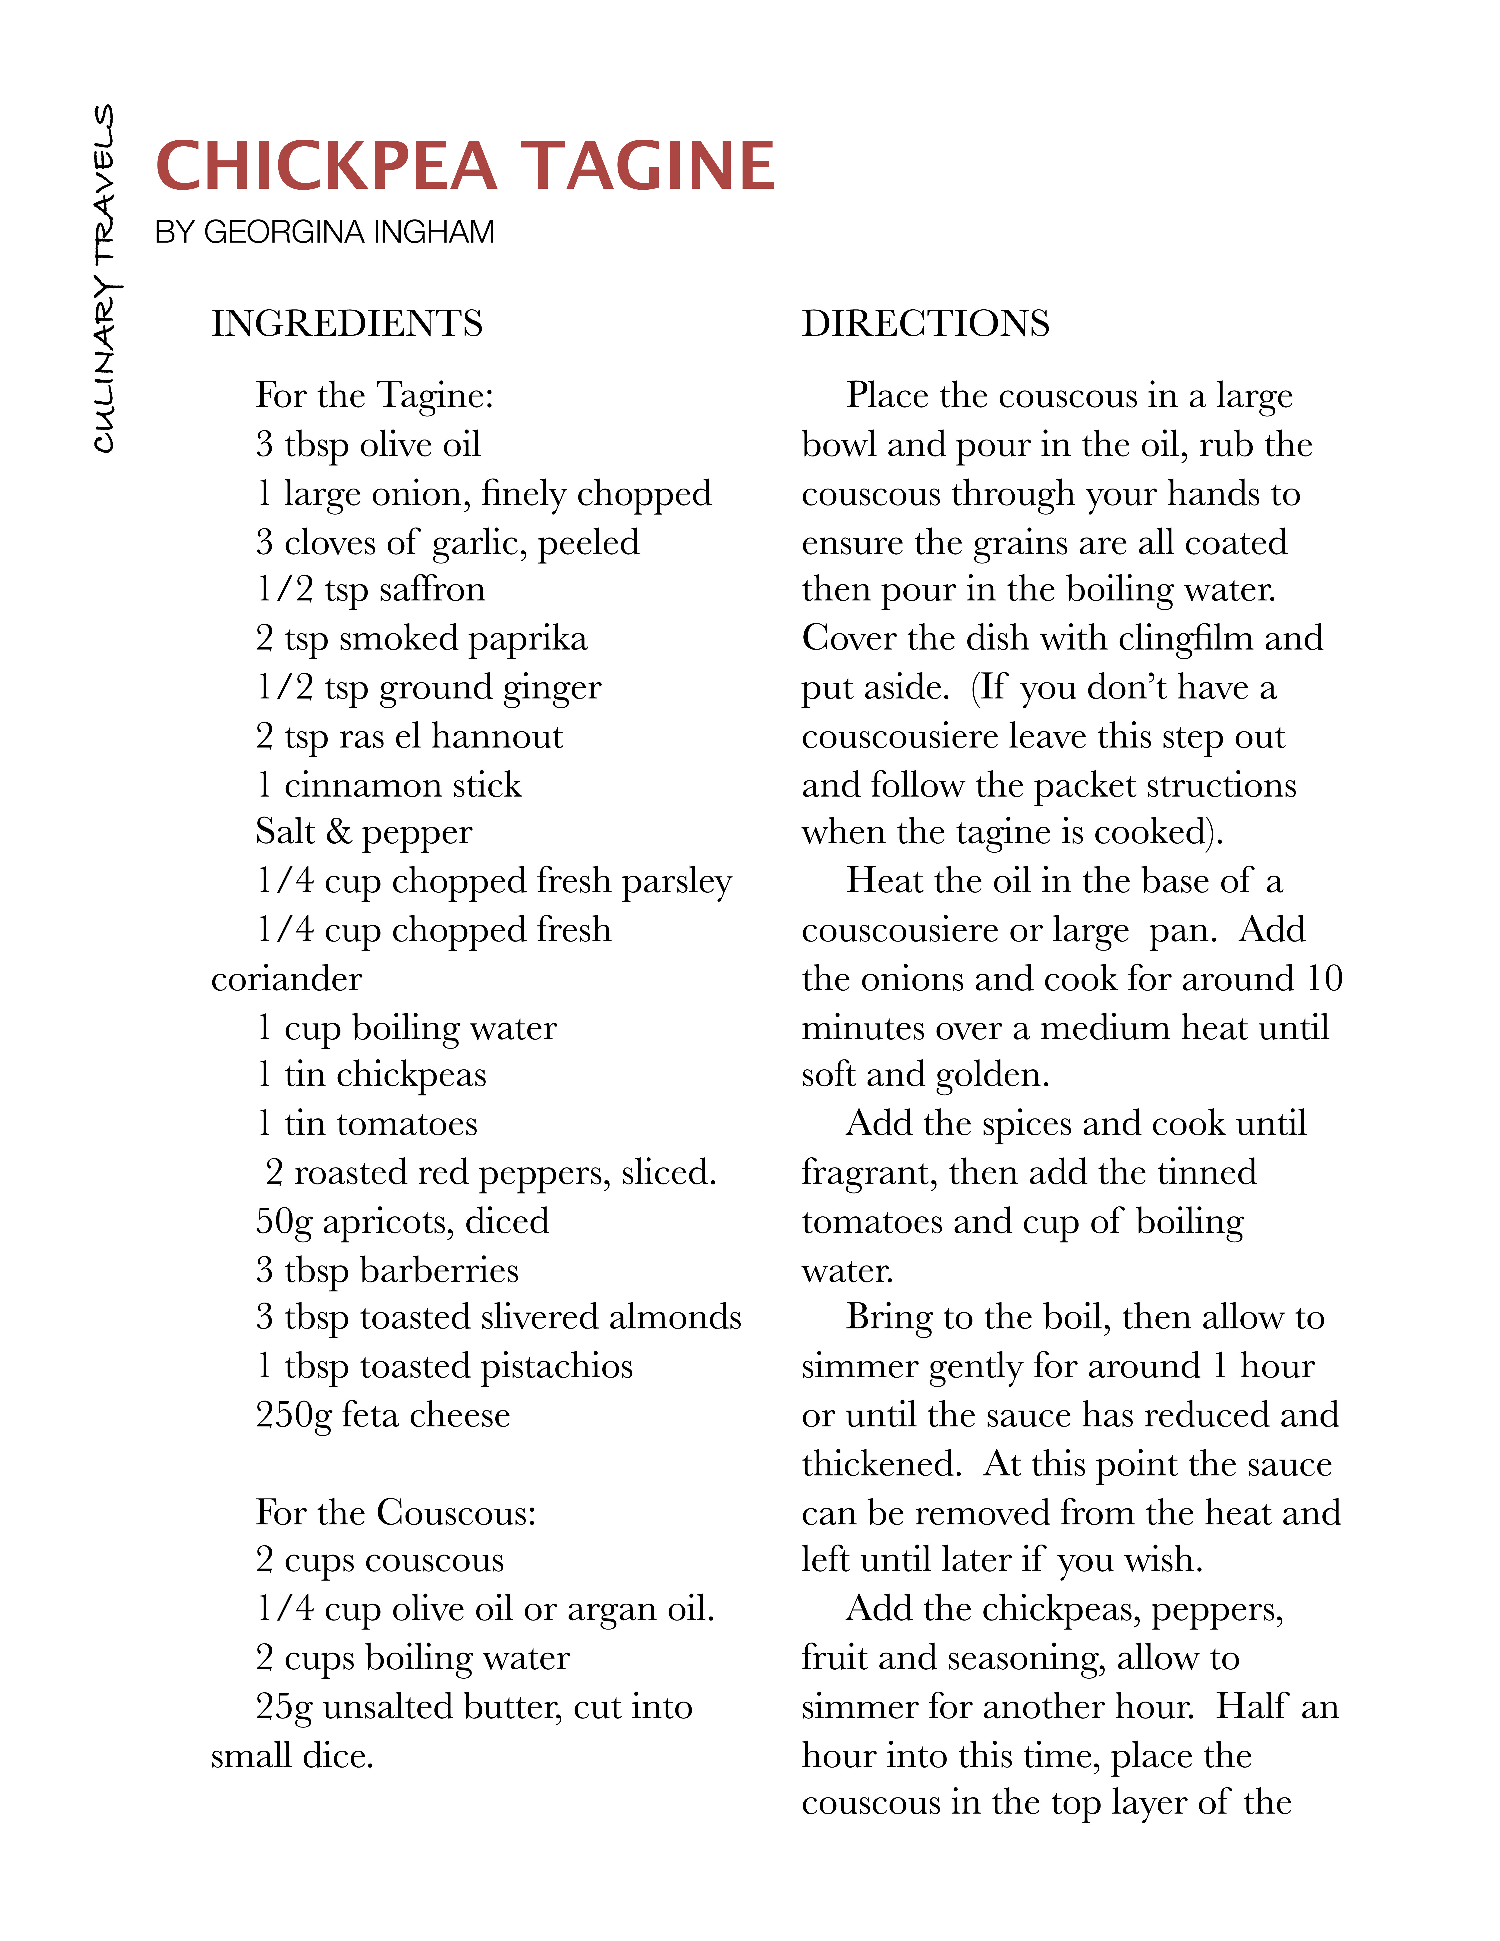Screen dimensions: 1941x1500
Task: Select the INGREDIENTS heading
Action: (346, 323)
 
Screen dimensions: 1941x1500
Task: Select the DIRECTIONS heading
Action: (925, 323)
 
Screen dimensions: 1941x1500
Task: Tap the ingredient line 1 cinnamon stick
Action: (388, 785)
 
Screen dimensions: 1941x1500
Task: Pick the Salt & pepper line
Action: (363, 832)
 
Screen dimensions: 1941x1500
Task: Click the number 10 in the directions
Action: (1324, 979)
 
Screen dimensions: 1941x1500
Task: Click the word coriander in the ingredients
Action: (286, 979)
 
